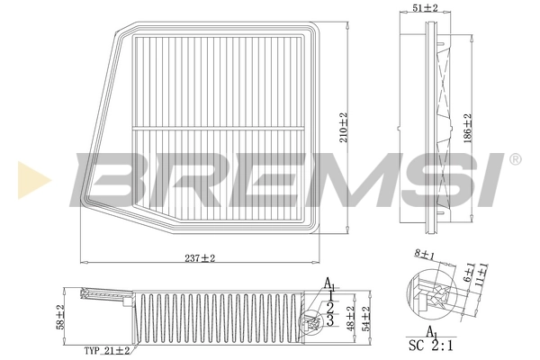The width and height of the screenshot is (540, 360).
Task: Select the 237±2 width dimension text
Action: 199,258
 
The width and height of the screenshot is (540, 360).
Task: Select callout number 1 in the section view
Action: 331,294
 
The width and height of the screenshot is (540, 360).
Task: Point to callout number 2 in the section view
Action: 330,307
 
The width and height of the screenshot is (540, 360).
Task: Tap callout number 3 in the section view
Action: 330,319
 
